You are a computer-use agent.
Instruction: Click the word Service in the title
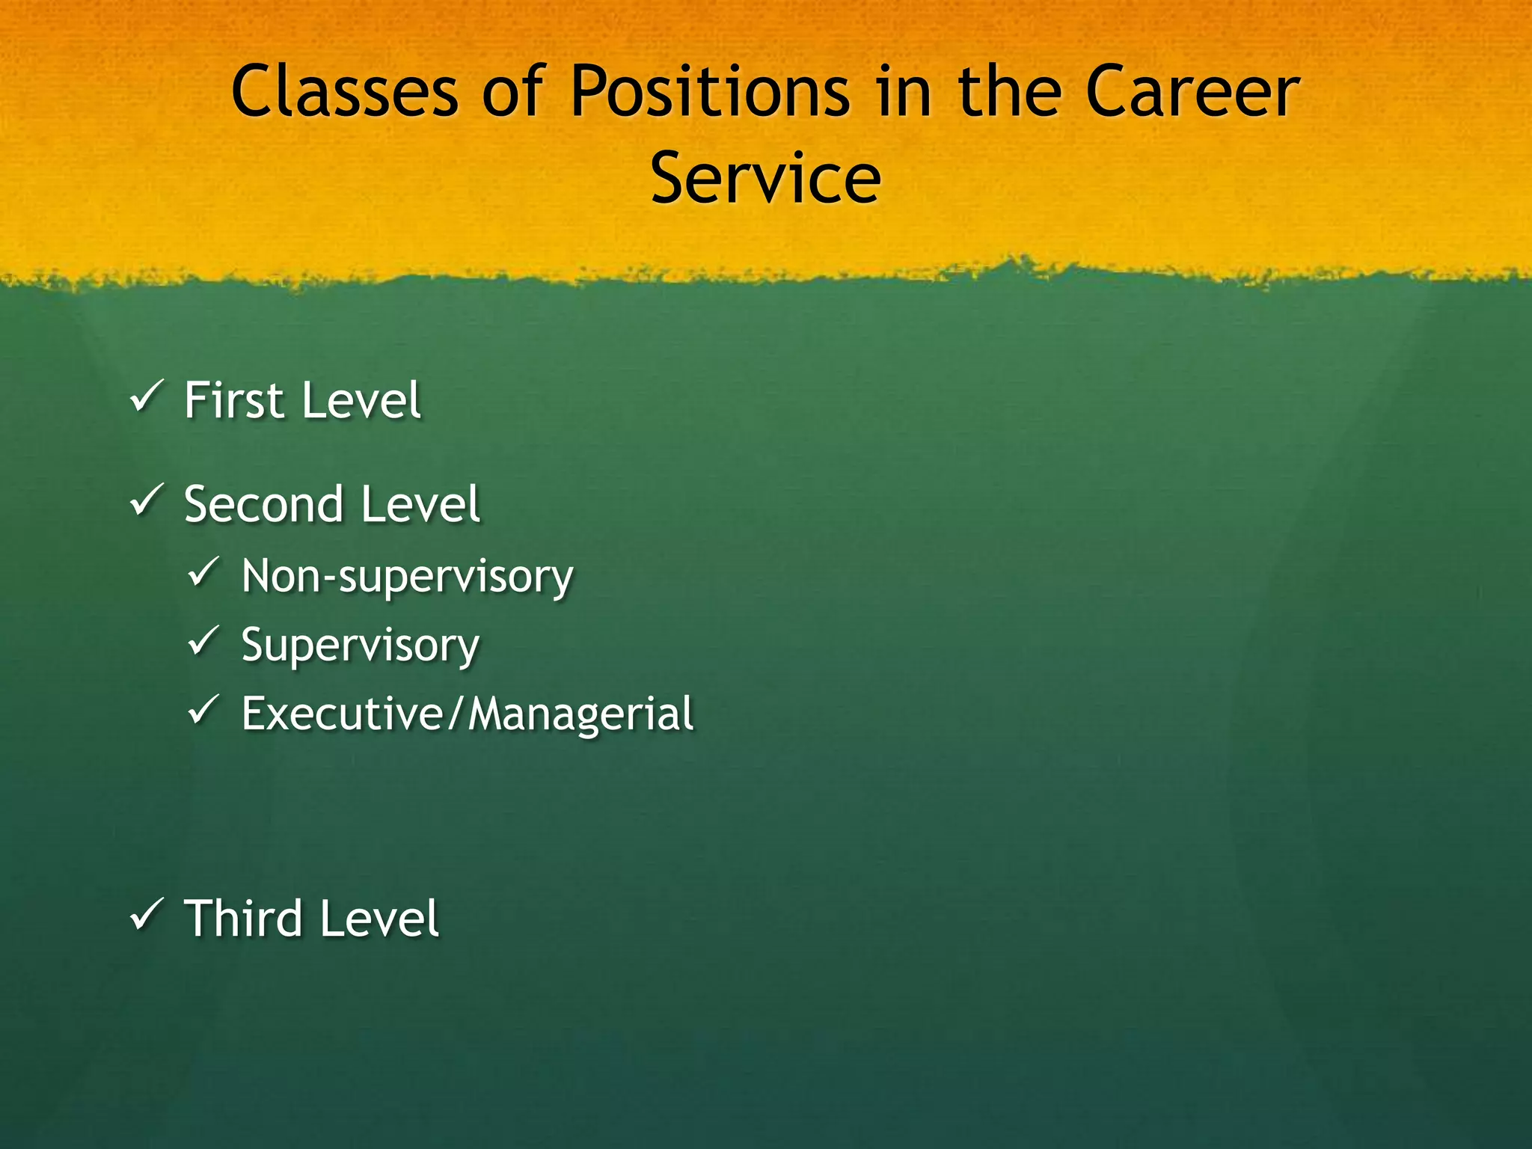point(765,178)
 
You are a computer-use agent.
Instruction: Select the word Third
point(242,919)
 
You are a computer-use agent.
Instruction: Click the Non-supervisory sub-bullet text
point(407,577)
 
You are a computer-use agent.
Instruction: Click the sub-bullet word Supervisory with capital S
point(360,646)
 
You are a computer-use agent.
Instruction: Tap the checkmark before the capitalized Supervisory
point(203,641)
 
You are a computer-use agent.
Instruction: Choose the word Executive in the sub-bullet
point(343,714)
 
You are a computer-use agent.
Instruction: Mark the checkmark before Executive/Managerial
point(203,710)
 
